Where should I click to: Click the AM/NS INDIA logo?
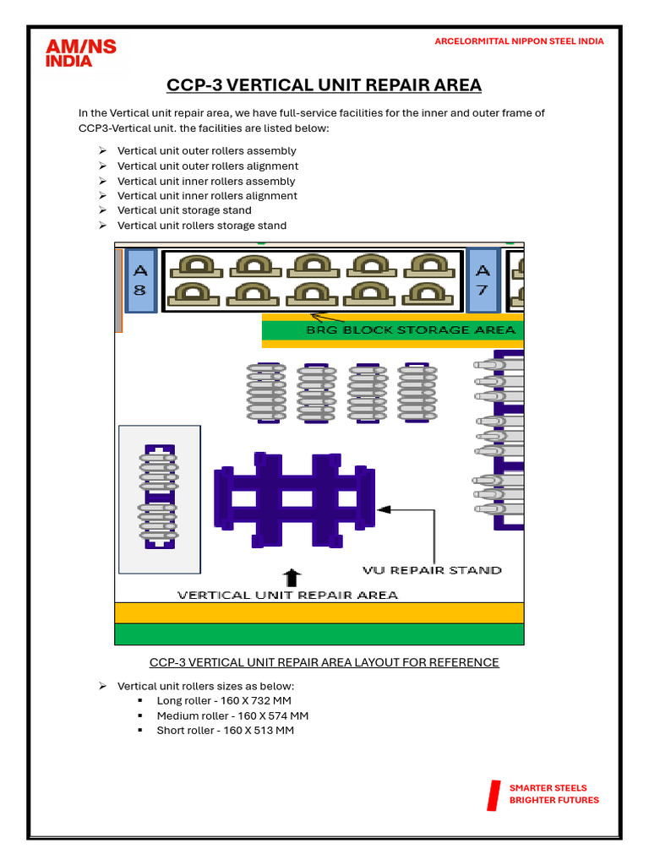[80, 53]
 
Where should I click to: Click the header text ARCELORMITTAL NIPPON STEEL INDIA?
[519, 41]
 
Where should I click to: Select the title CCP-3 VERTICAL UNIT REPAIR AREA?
[324, 85]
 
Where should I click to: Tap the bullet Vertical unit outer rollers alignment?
[207, 166]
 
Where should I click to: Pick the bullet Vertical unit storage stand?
[184, 209]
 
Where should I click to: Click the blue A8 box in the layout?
[140, 280]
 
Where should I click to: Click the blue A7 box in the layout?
[483, 280]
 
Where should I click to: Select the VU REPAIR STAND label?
[432, 570]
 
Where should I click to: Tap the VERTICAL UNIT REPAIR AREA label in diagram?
[286, 595]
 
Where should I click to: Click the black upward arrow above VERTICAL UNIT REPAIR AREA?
[292, 578]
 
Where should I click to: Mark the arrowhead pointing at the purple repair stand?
[384, 509]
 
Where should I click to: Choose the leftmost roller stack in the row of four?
[266, 392]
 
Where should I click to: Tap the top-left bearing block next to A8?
[196, 266]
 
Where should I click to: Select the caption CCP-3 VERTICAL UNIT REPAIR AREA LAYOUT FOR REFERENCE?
[324, 661]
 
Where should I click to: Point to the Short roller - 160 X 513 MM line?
[225, 730]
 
